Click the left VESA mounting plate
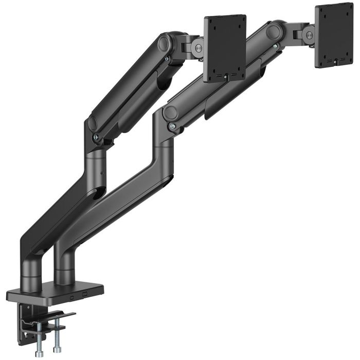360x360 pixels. click(225, 47)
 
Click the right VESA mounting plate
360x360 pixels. click(334, 36)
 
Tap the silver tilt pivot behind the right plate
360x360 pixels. click(309, 34)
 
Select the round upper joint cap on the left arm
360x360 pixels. click(166, 42)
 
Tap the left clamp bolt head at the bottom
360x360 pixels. click(39, 354)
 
